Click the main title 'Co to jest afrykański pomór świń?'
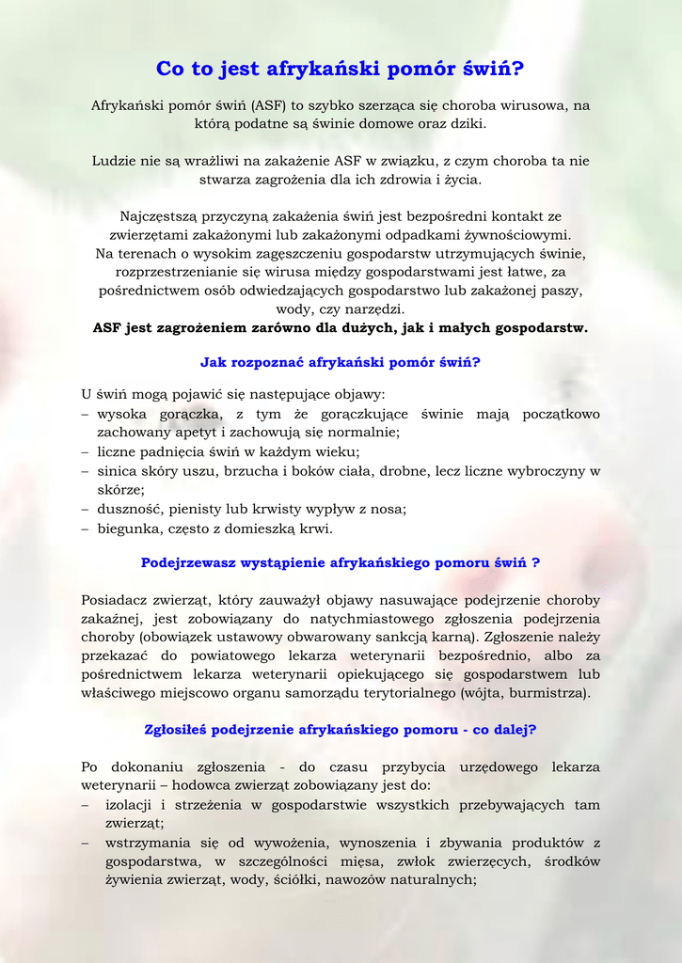[341, 69]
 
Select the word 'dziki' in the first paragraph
[467, 124]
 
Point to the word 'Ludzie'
[114, 162]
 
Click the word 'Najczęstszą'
[157, 216]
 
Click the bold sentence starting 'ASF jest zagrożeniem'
[341, 328]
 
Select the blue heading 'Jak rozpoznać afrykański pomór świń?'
[341, 362]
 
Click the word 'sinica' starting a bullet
[117, 471]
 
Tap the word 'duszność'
[131, 509]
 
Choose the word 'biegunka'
[130, 529]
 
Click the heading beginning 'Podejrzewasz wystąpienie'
[341, 563]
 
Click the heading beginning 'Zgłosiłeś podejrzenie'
[341, 729]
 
